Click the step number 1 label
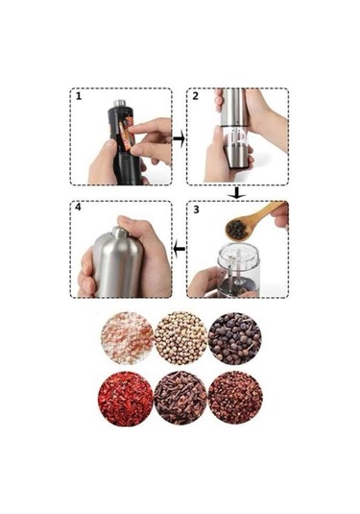(x=79, y=96)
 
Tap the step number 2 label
(x=196, y=96)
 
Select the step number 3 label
(x=196, y=209)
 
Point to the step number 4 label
(x=78, y=208)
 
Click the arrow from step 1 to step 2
(x=179, y=138)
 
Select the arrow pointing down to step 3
(x=237, y=193)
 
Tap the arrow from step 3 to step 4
(x=179, y=249)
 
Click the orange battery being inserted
(x=127, y=135)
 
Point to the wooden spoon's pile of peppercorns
(x=236, y=230)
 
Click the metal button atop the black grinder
(x=120, y=103)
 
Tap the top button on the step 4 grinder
(x=120, y=233)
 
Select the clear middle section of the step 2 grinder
(x=235, y=136)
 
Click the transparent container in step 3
(x=239, y=268)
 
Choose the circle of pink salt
(x=127, y=338)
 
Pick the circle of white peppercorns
(x=180, y=338)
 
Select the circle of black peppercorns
(x=235, y=338)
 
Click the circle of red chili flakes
(x=126, y=399)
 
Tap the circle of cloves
(x=180, y=398)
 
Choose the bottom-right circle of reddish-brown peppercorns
(x=235, y=398)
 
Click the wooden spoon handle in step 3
(x=266, y=211)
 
